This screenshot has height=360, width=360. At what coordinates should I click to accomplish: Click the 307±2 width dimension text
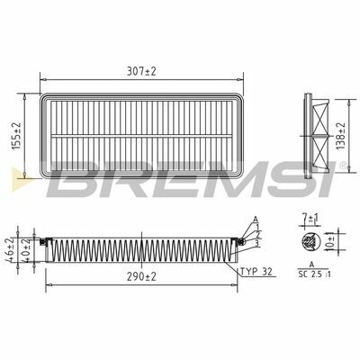tap(141, 71)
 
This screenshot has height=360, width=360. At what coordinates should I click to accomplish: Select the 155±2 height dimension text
tap(16, 136)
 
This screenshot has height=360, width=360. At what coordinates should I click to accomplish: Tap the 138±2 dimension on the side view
tap(341, 136)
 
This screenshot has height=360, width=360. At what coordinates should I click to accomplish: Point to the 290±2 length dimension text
tap(141, 276)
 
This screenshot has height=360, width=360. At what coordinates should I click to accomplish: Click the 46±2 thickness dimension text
tap(10, 250)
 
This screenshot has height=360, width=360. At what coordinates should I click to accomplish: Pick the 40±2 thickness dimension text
tap(26, 250)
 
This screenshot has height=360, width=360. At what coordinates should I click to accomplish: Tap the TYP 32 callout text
tap(256, 272)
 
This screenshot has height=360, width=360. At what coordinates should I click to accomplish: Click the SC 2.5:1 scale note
tap(314, 274)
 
